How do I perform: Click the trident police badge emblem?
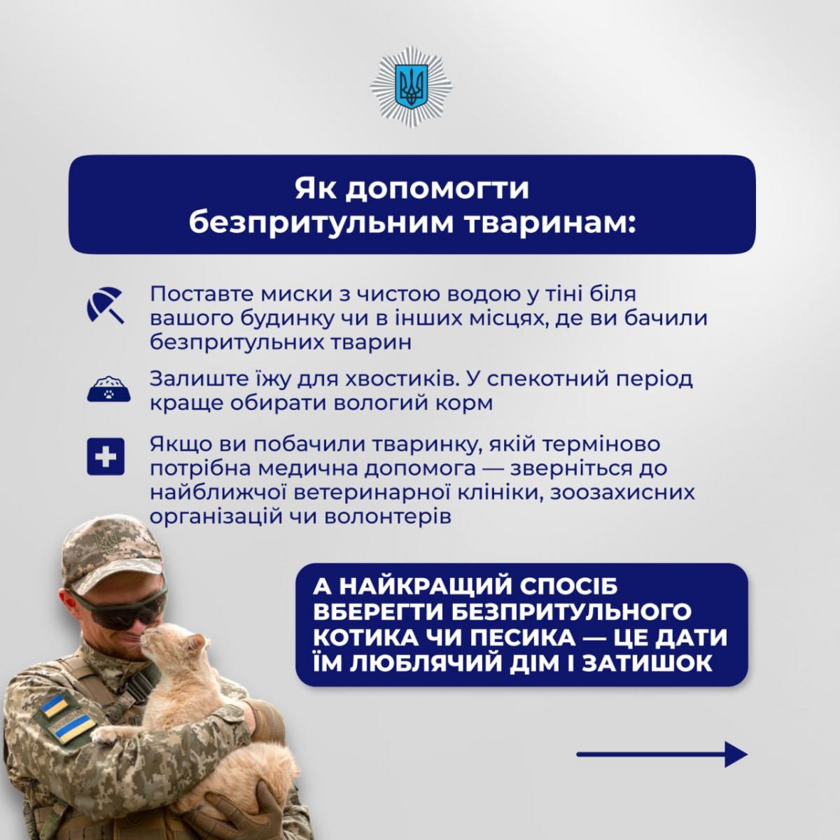(x=412, y=87)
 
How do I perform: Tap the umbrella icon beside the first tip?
(x=106, y=305)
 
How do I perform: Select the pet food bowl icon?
(x=108, y=388)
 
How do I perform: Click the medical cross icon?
(x=106, y=457)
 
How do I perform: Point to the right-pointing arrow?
(x=661, y=754)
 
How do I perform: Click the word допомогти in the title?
(x=437, y=189)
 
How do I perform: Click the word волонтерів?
(x=388, y=517)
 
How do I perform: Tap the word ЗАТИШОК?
(x=647, y=664)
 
